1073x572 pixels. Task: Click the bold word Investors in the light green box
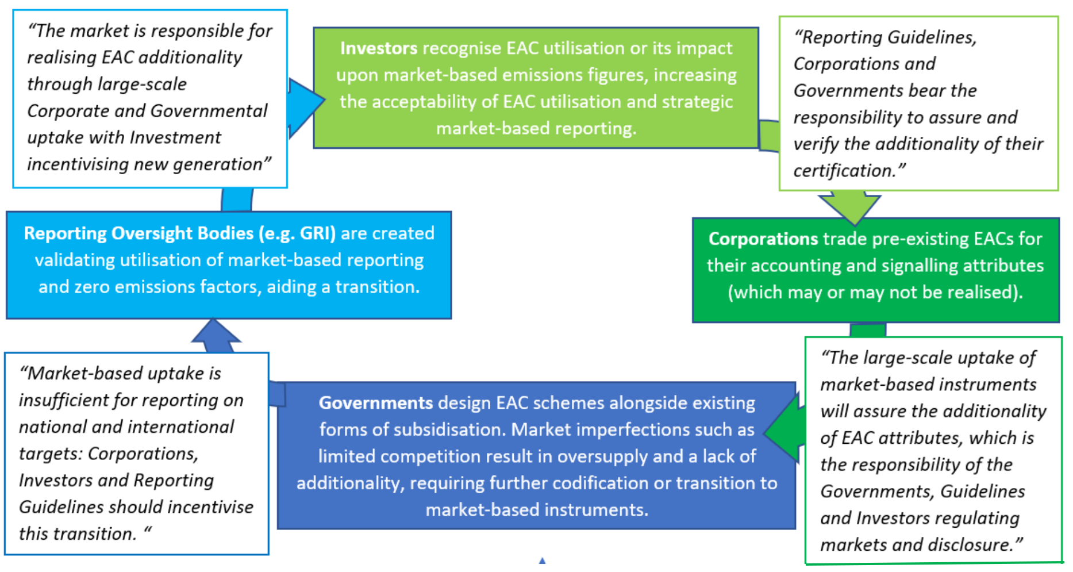coord(379,48)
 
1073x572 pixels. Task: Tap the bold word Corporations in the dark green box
coord(763,239)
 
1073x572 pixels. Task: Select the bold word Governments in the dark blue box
coord(376,403)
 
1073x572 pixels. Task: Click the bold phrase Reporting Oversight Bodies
coord(139,233)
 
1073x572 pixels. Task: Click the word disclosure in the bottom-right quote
coord(973,544)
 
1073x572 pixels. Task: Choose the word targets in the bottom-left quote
coord(51,454)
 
